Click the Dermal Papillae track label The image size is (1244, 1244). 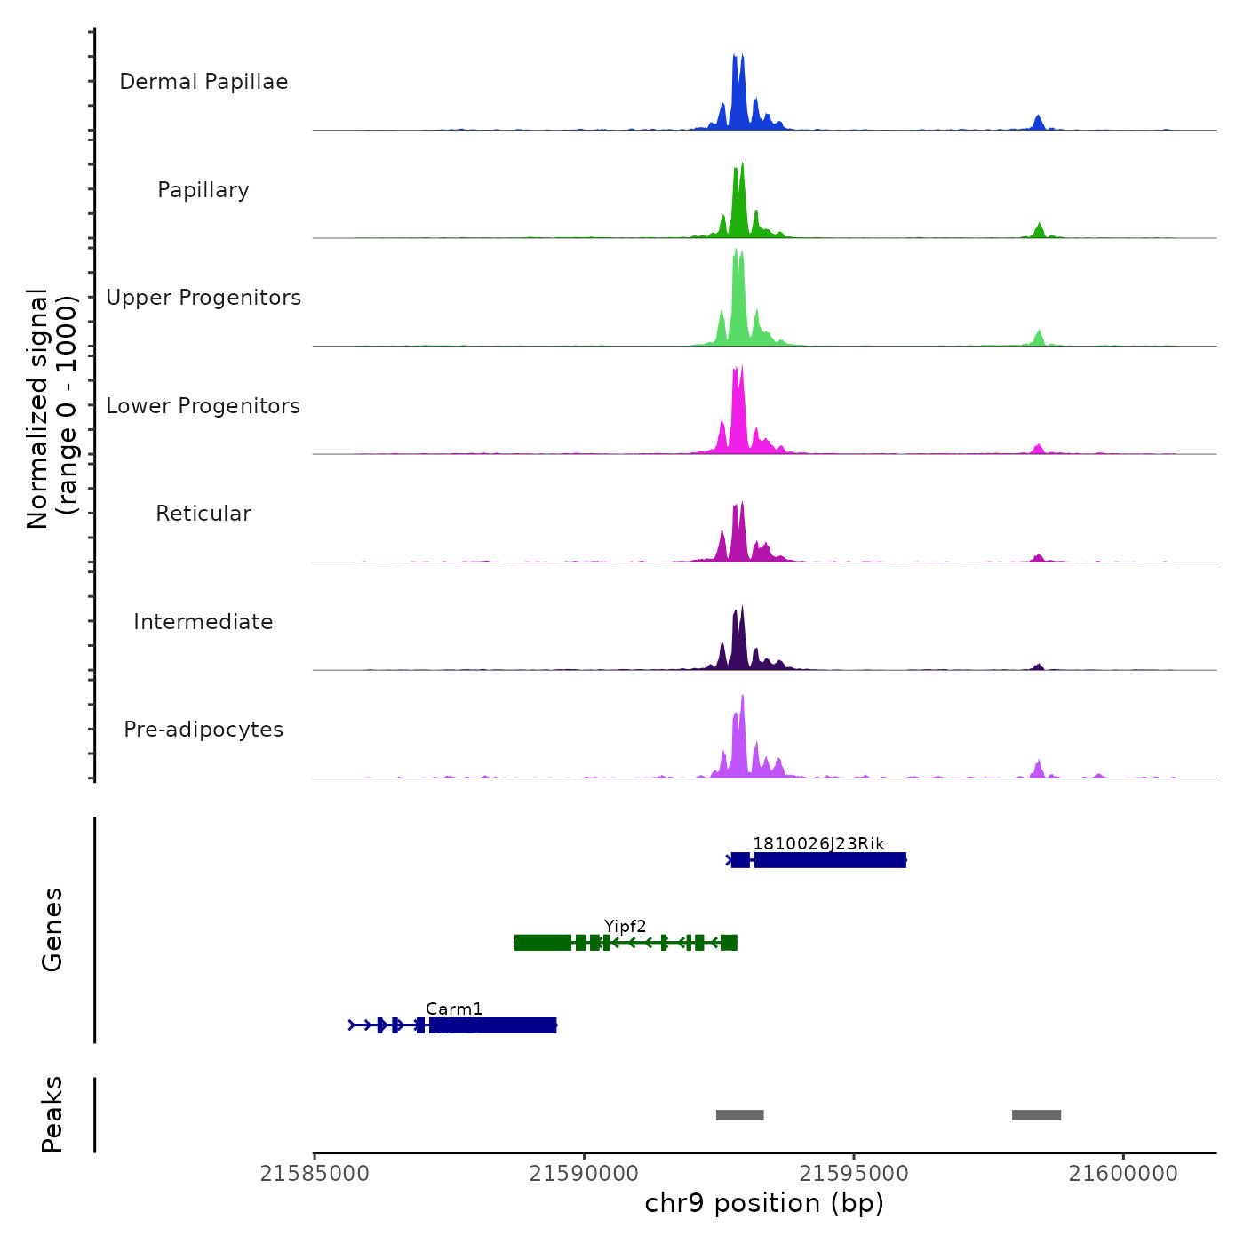tap(203, 82)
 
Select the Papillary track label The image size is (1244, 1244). tap(203, 190)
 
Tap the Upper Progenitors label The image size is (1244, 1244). tap(203, 298)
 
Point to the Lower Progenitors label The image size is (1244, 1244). tap(203, 406)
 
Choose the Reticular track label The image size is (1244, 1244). tap(203, 514)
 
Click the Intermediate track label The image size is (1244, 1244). tap(203, 622)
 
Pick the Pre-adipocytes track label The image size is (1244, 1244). tap(203, 730)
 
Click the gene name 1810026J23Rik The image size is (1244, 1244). tap(818, 843)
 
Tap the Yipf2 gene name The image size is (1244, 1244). tap(626, 927)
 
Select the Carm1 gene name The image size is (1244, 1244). tap(454, 1009)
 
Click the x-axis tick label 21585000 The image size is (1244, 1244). tap(315, 1174)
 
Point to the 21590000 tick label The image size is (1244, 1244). tap(584, 1174)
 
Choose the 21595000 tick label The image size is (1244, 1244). tap(854, 1174)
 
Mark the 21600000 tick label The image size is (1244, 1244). tap(1123, 1174)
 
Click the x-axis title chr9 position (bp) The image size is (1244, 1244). tap(764, 1203)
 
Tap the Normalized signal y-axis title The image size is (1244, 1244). tap(52, 409)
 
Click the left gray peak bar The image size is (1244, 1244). tap(739, 1115)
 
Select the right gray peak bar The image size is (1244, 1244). tap(1036, 1115)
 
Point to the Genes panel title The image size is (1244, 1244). tap(52, 929)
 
